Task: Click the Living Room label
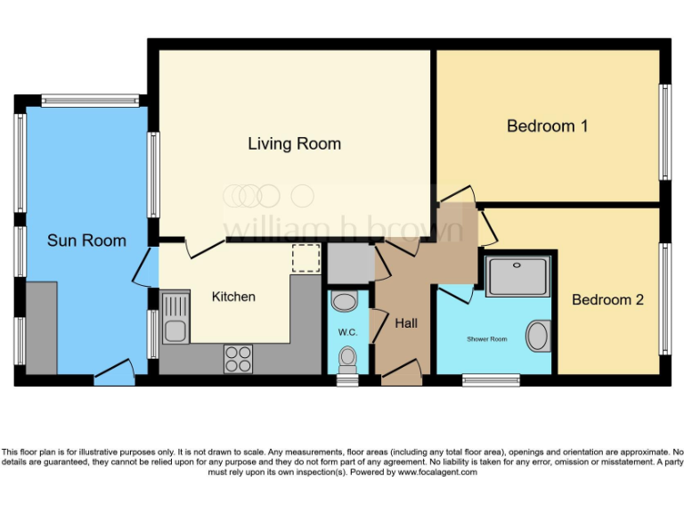coord(294,143)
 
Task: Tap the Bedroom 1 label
coord(547,126)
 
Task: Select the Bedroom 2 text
coord(607,299)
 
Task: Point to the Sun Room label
coord(86,240)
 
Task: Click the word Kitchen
coord(233,297)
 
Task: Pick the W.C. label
coord(346,331)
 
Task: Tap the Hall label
coord(406,323)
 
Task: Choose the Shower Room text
coord(486,339)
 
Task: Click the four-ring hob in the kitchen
coord(238,358)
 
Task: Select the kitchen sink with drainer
coord(175,319)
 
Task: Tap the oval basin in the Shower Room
coord(538,336)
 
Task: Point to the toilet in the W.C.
coord(346,360)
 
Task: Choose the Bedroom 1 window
coord(664,132)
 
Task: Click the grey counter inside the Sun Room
coord(42,328)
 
